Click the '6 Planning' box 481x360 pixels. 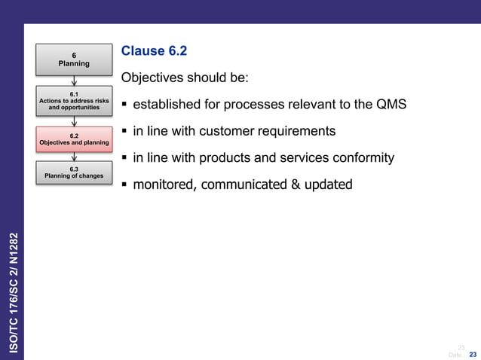74,59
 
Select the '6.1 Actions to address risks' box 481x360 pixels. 74,100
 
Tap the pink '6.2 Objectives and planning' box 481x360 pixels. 74,138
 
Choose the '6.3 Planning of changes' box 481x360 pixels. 74,173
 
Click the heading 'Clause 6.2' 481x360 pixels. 154,51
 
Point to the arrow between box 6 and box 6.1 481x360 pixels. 74,80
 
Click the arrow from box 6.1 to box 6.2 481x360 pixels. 74,120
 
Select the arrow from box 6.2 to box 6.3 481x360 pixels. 74,156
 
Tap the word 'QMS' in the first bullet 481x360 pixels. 391,105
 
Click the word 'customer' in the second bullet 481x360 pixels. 228,132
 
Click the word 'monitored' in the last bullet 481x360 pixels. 161,185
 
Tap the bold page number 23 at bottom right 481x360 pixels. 473,354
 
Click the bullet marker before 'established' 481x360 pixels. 124,105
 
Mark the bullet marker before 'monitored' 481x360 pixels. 124,185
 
